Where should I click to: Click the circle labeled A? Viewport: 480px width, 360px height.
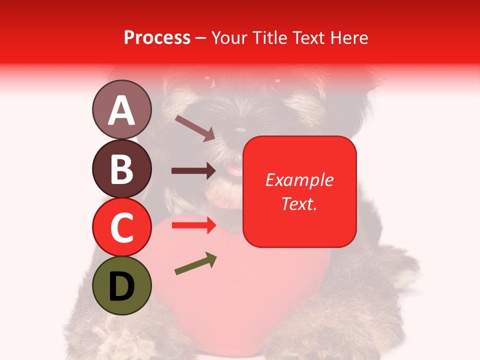pyautogui.click(x=121, y=109)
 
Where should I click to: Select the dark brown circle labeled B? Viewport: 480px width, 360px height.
pyautogui.click(x=121, y=168)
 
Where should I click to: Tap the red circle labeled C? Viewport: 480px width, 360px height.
pyautogui.click(x=121, y=227)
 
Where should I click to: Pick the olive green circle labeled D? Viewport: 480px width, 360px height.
pyautogui.click(x=121, y=285)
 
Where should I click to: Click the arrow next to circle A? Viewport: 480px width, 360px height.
pyautogui.click(x=195, y=127)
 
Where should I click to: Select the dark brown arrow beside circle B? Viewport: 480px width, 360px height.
pyautogui.click(x=193, y=171)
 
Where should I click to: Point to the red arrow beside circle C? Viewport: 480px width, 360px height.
pyautogui.click(x=193, y=225)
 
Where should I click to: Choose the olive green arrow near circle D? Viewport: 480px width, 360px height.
pyautogui.click(x=195, y=264)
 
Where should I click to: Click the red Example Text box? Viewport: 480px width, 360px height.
pyautogui.click(x=299, y=191)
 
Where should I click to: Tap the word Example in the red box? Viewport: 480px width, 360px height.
pyautogui.click(x=299, y=180)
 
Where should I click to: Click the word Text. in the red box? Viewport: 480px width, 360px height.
pyautogui.click(x=299, y=203)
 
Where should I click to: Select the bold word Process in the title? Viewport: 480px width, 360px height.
pyautogui.click(x=157, y=37)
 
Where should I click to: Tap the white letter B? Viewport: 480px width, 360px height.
pyautogui.click(x=121, y=169)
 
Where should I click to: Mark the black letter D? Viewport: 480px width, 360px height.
pyautogui.click(x=121, y=286)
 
